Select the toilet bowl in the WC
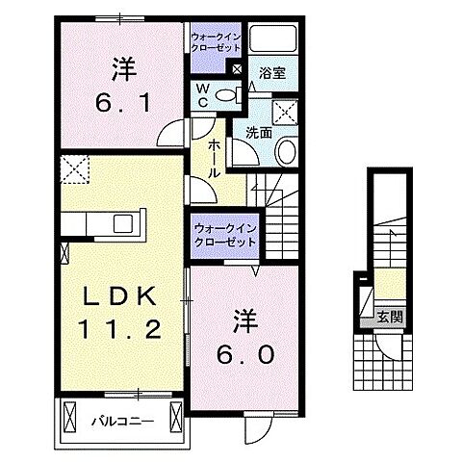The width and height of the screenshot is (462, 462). click(225, 94)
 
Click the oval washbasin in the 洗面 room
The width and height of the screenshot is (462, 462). click(286, 151)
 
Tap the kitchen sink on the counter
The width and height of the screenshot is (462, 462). click(123, 224)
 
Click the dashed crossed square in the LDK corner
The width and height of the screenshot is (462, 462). click(74, 169)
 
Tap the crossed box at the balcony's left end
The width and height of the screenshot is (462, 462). click(69, 418)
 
